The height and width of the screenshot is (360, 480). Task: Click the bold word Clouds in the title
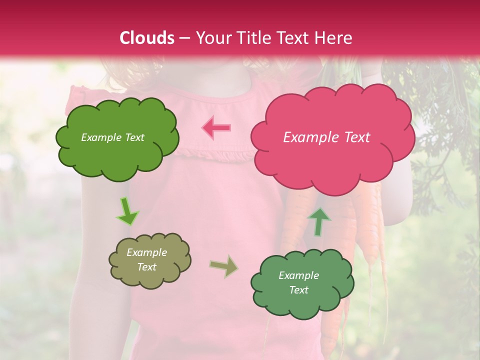click(147, 38)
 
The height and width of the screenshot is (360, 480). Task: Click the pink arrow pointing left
click(217, 128)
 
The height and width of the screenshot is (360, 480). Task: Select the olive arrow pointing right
click(224, 266)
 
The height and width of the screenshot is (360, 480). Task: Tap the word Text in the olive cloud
click(146, 267)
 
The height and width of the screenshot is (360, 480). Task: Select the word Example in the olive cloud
click(146, 252)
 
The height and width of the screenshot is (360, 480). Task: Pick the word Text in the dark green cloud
click(298, 290)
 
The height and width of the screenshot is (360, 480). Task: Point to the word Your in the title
click(210, 38)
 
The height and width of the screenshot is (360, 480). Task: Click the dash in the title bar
click(184, 38)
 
